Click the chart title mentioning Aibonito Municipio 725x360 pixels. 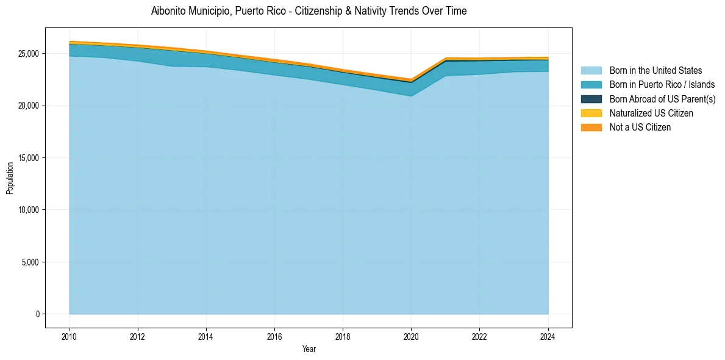point(309,11)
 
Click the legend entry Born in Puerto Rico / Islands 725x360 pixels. point(662,85)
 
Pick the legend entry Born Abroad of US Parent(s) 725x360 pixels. point(662,99)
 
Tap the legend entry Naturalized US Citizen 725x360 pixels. point(651,113)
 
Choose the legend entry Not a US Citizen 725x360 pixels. point(640,127)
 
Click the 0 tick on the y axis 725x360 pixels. point(38,314)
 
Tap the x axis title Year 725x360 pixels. point(309,349)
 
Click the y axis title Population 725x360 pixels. point(10,178)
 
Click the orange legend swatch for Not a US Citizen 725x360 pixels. point(591,127)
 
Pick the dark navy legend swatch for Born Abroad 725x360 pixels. point(591,99)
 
